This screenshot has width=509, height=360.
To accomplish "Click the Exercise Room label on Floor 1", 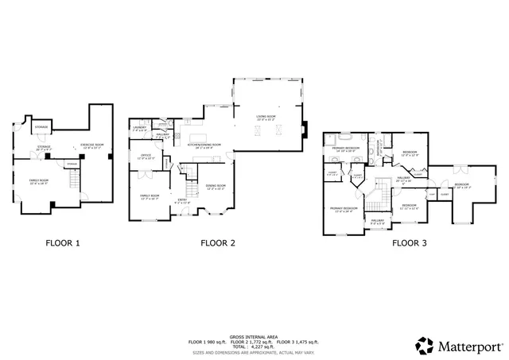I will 91,146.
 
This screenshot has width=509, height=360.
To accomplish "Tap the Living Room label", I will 266,118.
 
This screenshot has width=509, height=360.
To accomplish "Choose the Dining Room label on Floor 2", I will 216,188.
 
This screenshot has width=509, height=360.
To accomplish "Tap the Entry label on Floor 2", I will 182,200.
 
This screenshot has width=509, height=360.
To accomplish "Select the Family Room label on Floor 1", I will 39,182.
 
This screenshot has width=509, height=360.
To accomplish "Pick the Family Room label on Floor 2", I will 150,196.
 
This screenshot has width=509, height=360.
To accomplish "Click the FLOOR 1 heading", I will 61,243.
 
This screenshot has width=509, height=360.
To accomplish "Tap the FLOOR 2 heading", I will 217,243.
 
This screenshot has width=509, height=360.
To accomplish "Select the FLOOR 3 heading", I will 409,243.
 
